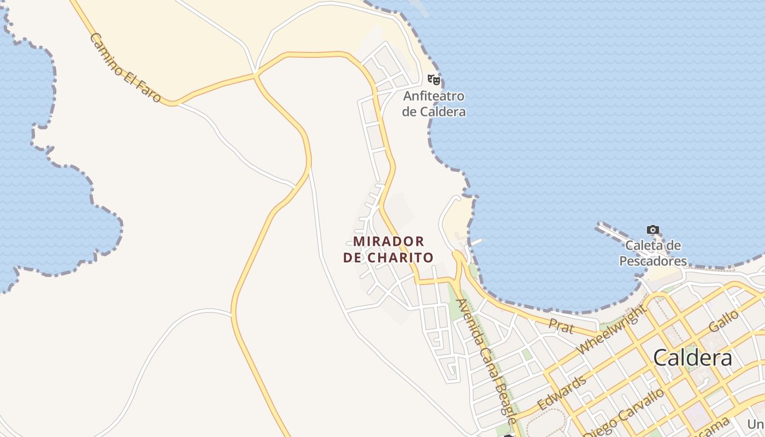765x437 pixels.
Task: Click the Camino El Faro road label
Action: pos(125,68)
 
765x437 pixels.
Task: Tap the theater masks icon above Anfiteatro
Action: pos(434,80)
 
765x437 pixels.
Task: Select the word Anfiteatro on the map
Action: pos(434,96)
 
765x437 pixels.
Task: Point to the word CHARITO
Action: pos(401,257)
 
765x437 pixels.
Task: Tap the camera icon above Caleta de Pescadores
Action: pos(652,230)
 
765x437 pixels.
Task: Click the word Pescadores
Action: pos(652,261)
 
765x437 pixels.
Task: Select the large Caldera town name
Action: pos(692,358)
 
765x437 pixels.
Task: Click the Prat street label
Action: pos(561,327)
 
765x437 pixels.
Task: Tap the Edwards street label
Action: pos(562,392)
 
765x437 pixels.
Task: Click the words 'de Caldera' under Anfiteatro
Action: pos(434,111)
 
